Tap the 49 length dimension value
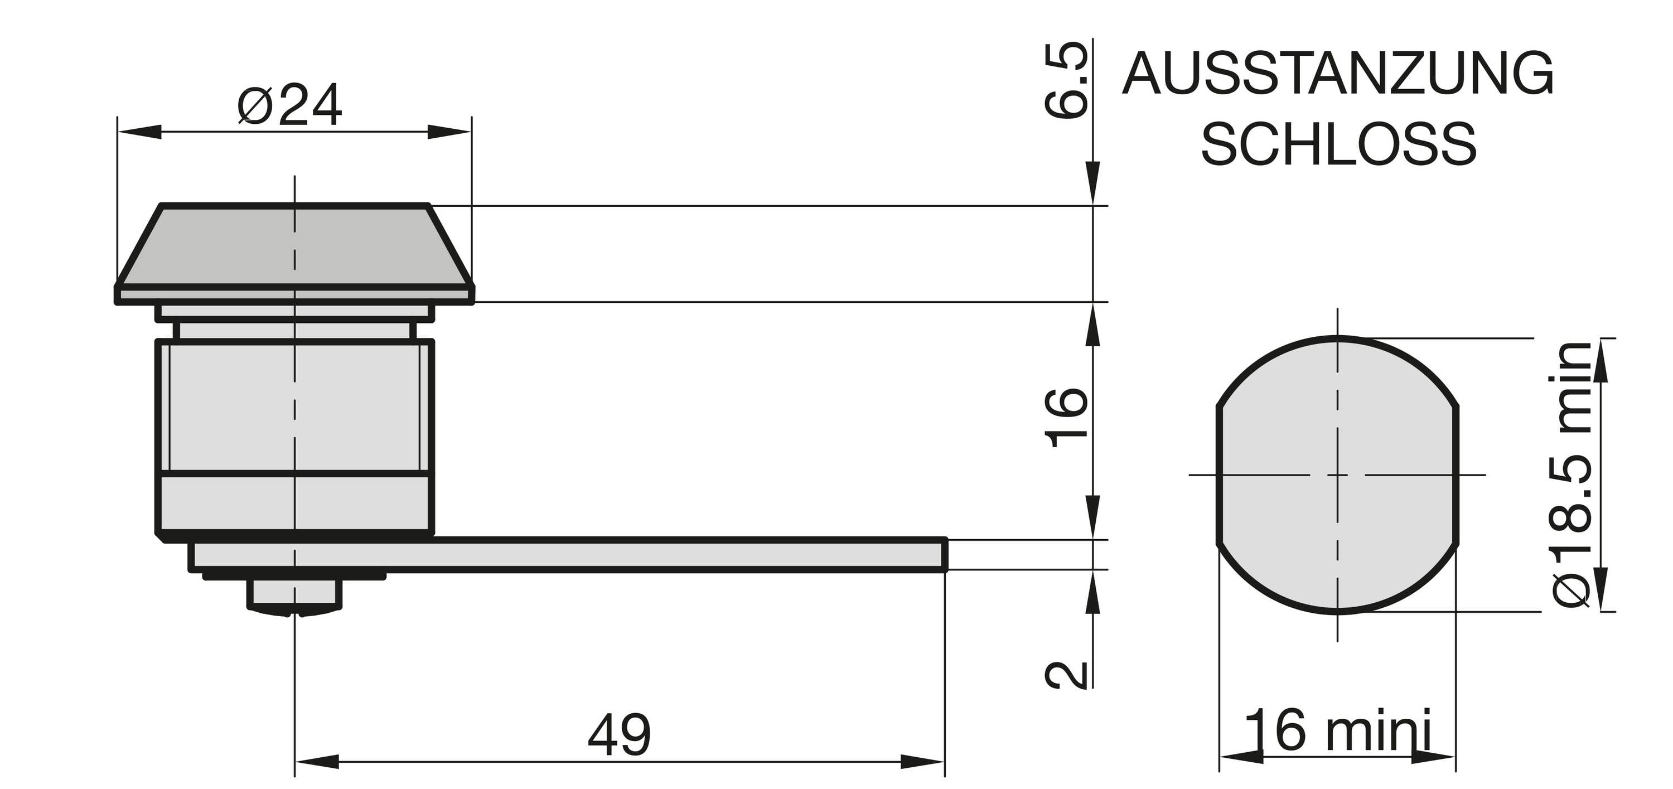tap(618, 735)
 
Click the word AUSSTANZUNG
tap(1338, 75)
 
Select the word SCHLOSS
tap(1338, 144)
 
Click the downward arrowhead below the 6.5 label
tap(1094, 185)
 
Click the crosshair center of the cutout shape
tap(1337, 475)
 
